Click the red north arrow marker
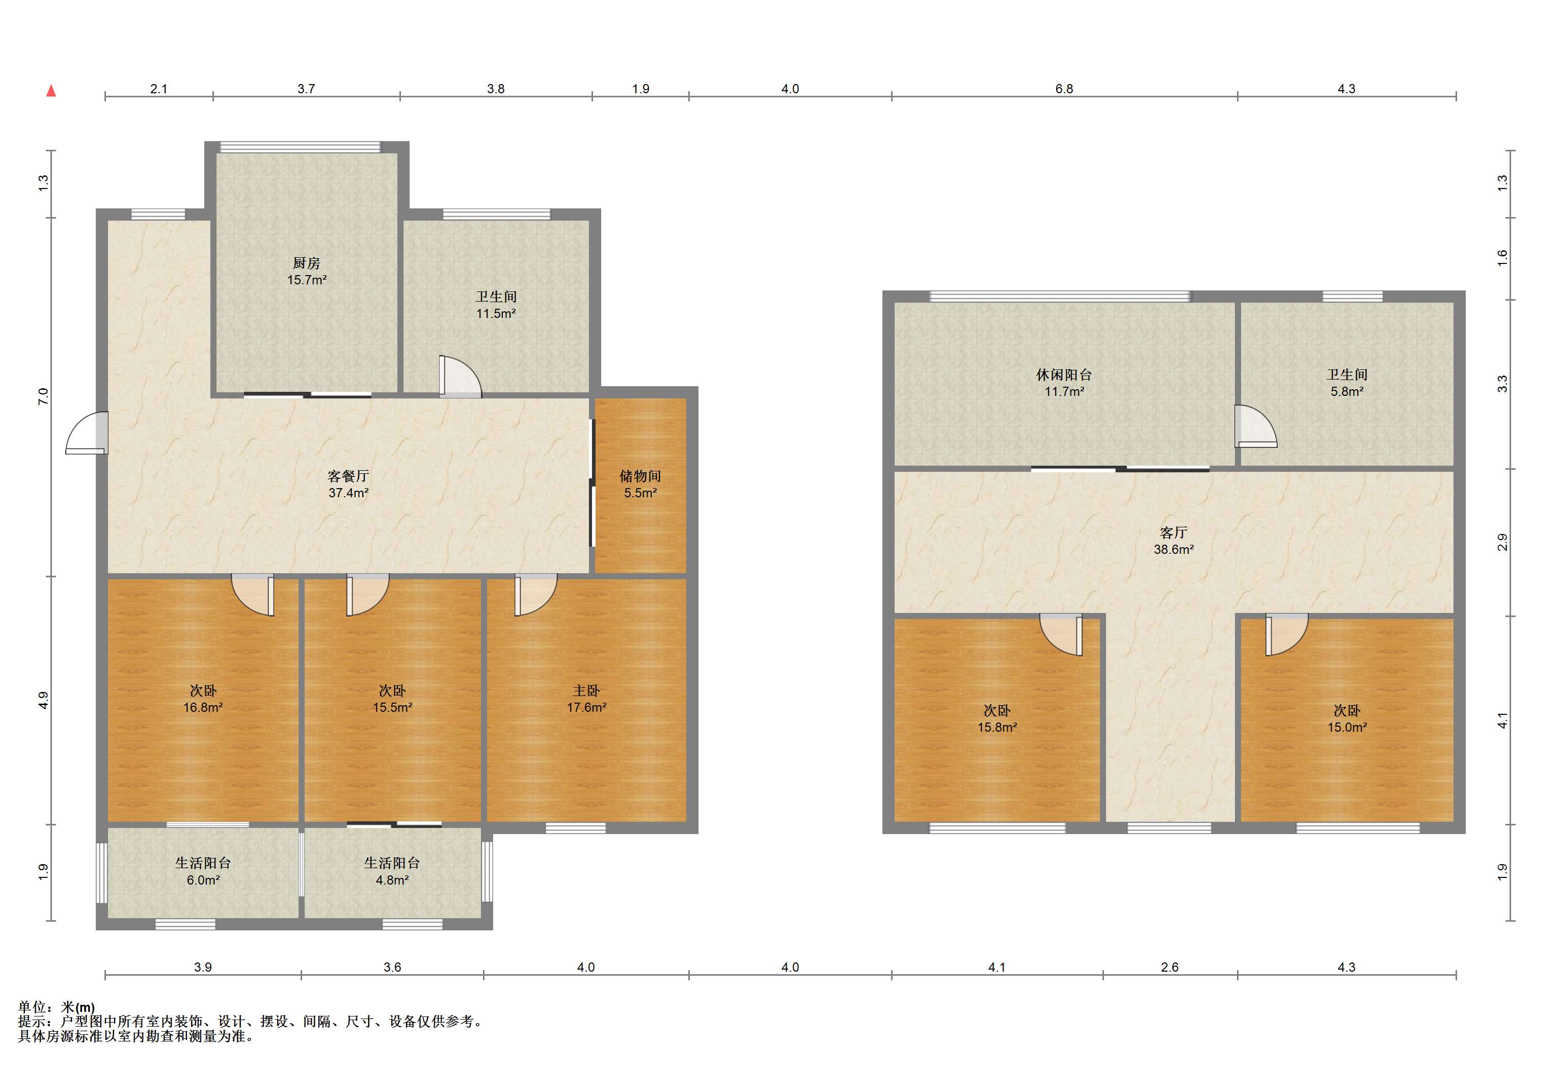(51, 91)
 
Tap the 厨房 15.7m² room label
(307, 272)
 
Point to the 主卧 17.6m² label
(586, 699)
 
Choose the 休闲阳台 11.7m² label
(1064, 383)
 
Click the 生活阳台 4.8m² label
(392, 871)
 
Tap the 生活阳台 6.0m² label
(203, 871)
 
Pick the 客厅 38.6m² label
(1173, 541)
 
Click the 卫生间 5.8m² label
(1347, 383)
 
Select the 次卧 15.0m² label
(1347, 719)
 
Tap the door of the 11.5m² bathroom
(460, 376)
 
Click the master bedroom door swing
(536, 595)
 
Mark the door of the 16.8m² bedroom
(253, 595)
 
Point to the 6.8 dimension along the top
(1064, 89)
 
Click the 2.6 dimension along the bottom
(1169, 968)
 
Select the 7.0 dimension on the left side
(43, 396)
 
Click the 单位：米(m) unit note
(57, 1007)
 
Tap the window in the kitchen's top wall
(300, 146)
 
